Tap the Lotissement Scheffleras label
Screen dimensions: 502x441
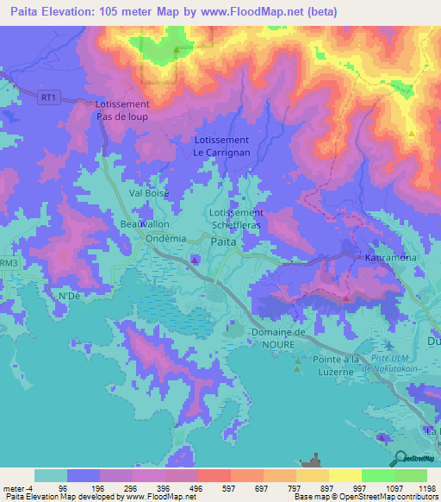click(x=236, y=218)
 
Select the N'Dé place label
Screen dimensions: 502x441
click(x=68, y=297)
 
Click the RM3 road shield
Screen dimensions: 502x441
click(x=8, y=262)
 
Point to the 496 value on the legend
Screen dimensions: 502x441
click(x=180, y=488)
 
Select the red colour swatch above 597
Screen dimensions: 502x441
click(x=214, y=475)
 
